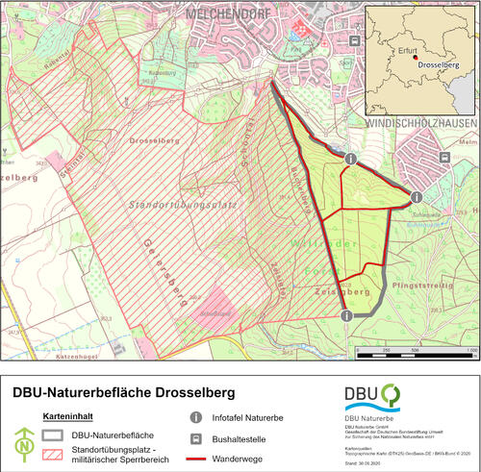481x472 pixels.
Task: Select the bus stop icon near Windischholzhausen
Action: pos(444,158)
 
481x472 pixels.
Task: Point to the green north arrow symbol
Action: pos(23,442)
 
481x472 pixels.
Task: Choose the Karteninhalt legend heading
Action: pos(68,416)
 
